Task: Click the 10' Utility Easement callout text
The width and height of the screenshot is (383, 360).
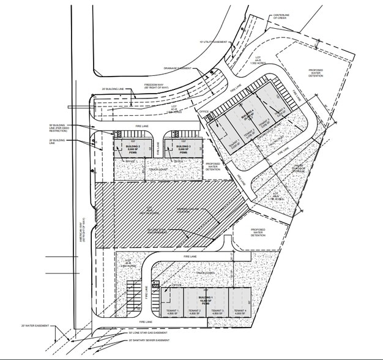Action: [214, 42]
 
